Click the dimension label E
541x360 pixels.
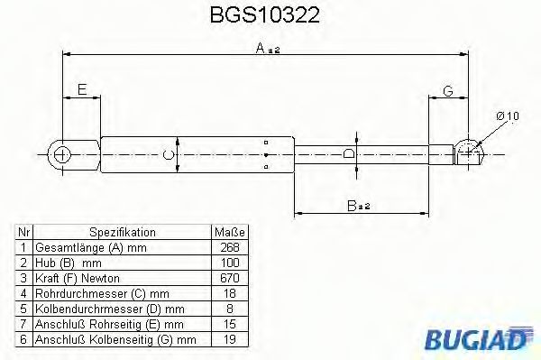81,89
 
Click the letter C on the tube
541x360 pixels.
168,155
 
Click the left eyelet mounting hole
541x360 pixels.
61,154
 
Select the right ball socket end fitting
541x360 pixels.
469,152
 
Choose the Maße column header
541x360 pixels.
230,232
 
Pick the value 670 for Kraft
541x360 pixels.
230,279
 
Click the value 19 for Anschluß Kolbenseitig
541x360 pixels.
230,340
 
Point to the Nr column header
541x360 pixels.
24,232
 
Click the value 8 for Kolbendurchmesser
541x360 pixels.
230,309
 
